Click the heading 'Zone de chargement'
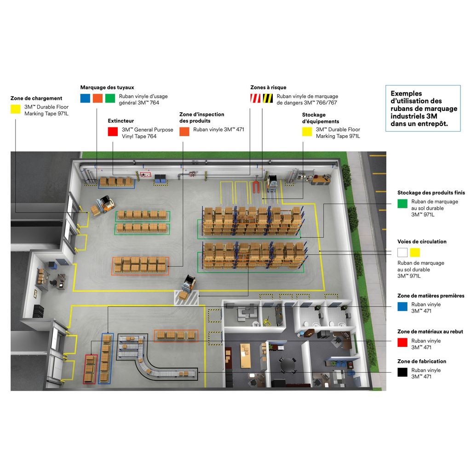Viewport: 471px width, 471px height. tap(36, 98)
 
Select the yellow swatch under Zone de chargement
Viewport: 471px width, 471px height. tap(16, 109)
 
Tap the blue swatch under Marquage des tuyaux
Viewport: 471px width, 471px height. tap(85, 98)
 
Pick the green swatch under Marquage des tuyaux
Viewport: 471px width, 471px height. tap(110, 98)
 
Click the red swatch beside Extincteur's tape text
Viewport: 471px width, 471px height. tap(113, 132)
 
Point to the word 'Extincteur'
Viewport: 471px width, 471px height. tap(121, 121)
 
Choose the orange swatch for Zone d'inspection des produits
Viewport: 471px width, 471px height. tap(184, 132)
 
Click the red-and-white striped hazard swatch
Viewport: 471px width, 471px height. tap(255, 98)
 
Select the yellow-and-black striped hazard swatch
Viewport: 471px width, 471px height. tap(268, 98)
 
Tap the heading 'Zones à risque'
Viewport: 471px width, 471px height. tap(268, 87)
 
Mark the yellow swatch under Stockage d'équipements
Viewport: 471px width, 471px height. tap(307, 132)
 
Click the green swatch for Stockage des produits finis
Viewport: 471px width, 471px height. tap(402, 204)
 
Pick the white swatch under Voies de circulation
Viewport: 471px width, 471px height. tap(402, 252)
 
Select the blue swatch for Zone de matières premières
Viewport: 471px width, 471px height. tap(402, 306)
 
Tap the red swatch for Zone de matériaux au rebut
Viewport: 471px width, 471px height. tap(402, 343)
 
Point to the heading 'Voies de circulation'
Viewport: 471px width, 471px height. tap(422, 241)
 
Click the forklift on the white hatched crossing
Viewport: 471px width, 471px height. tap(187, 287)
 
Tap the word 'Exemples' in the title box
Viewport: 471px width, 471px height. tap(406, 93)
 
